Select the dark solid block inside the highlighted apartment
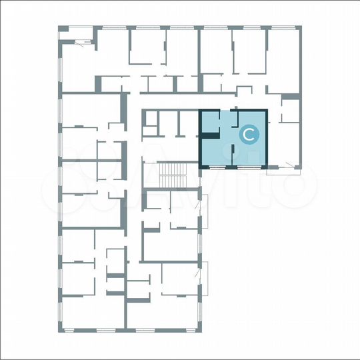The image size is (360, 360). pyautogui.click(x=209, y=136)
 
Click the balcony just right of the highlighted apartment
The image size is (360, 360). pyautogui.click(x=291, y=169)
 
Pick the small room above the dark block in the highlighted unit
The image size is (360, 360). pyautogui.click(x=209, y=122)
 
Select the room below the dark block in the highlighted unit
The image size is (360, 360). pyautogui.click(x=213, y=152)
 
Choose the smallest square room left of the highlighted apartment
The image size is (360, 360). pyautogui.click(x=150, y=117)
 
